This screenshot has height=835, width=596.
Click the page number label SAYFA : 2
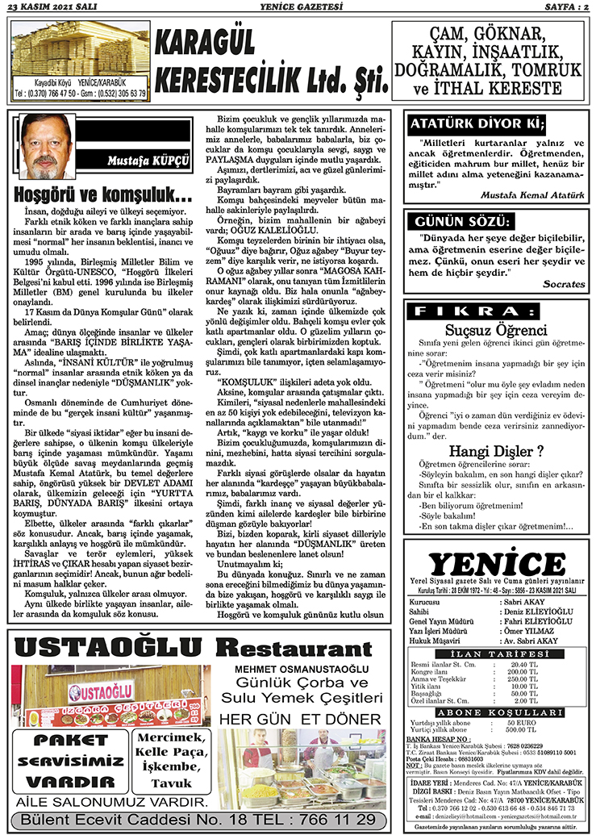pyautogui.click(x=559, y=6)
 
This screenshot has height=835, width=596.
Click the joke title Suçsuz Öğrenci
pyautogui.click(x=496, y=330)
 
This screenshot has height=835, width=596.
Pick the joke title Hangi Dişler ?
pyautogui.click(x=496, y=450)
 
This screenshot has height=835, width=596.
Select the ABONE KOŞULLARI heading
pyautogui.click(x=497, y=712)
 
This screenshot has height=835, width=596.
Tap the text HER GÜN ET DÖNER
pyautogui.click(x=299, y=719)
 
